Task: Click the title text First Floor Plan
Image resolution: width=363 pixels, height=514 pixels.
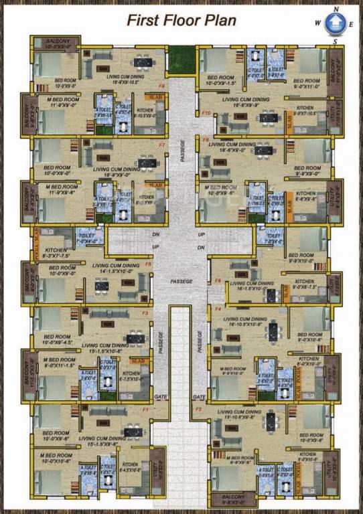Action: click(x=181, y=20)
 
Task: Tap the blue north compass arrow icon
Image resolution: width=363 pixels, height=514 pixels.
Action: click(x=333, y=25)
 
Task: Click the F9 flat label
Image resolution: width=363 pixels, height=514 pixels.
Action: click(x=161, y=86)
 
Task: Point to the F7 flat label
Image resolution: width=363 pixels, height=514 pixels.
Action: click(x=161, y=145)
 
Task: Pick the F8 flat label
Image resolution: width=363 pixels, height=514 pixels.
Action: click(x=206, y=139)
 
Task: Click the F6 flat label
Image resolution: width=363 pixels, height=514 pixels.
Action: click(x=218, y=280)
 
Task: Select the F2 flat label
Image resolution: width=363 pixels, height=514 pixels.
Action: click(x=198, y=408)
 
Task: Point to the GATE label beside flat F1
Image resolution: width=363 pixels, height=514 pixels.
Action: click(x=161, y=396)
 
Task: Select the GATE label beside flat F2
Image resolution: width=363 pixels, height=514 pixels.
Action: click(x=199, y=396)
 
